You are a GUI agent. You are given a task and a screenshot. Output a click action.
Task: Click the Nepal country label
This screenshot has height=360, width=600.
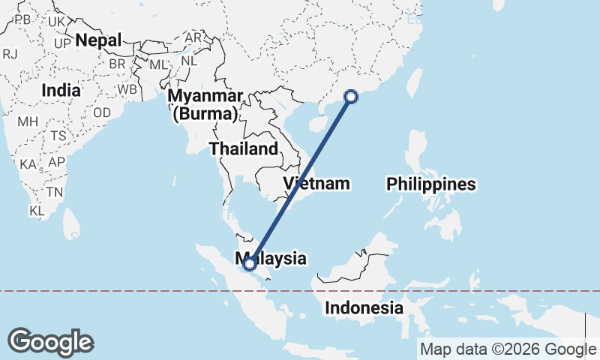98,40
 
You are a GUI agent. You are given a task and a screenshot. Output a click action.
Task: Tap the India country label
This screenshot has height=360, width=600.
61,90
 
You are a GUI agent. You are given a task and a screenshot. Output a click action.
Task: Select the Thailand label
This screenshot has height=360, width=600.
243,148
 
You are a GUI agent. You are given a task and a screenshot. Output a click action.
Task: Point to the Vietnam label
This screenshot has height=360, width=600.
317,184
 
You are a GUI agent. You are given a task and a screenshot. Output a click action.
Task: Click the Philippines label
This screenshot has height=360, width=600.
431,184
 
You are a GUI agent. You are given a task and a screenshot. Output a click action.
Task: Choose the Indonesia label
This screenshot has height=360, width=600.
364,307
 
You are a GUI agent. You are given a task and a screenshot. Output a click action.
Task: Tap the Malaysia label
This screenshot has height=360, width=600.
274,259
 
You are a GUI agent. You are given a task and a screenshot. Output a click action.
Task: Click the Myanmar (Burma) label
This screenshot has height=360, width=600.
205,105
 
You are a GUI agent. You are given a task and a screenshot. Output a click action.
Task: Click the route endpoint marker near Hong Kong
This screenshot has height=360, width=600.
350,96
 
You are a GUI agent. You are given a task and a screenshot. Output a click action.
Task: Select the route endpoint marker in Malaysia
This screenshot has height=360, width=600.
250,263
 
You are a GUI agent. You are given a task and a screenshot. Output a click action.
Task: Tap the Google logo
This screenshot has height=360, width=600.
50,342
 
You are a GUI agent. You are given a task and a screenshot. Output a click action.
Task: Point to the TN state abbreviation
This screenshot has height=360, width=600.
54,192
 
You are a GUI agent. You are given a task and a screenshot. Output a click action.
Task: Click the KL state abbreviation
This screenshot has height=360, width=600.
37,211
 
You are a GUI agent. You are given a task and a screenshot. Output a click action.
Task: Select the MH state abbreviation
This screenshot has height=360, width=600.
28,121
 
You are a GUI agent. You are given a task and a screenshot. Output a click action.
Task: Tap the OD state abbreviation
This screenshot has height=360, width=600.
102,112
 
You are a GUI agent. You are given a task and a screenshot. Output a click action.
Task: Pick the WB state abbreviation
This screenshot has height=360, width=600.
127,89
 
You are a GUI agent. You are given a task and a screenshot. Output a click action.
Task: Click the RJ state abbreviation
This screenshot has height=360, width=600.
10,54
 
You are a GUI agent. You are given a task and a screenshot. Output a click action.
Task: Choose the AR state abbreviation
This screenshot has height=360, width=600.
193,37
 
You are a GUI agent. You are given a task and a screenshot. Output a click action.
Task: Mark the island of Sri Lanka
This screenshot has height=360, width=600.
71,222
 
